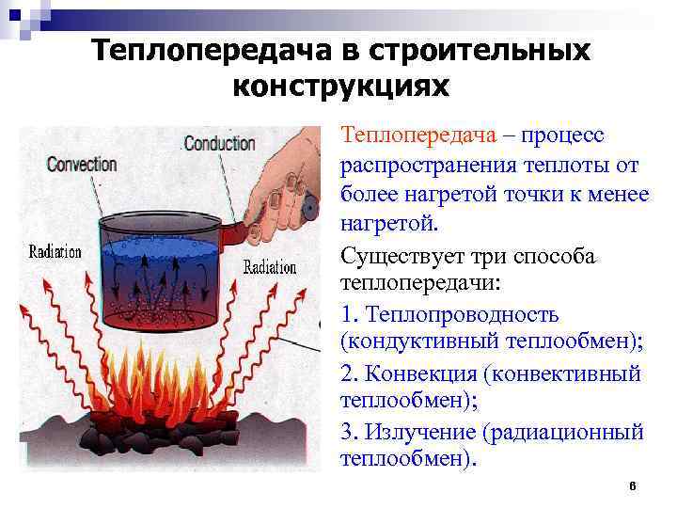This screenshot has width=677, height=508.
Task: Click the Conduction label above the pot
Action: [219, 144]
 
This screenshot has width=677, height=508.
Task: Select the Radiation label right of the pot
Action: [270, 267]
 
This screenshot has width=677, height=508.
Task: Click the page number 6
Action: [632, 485]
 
